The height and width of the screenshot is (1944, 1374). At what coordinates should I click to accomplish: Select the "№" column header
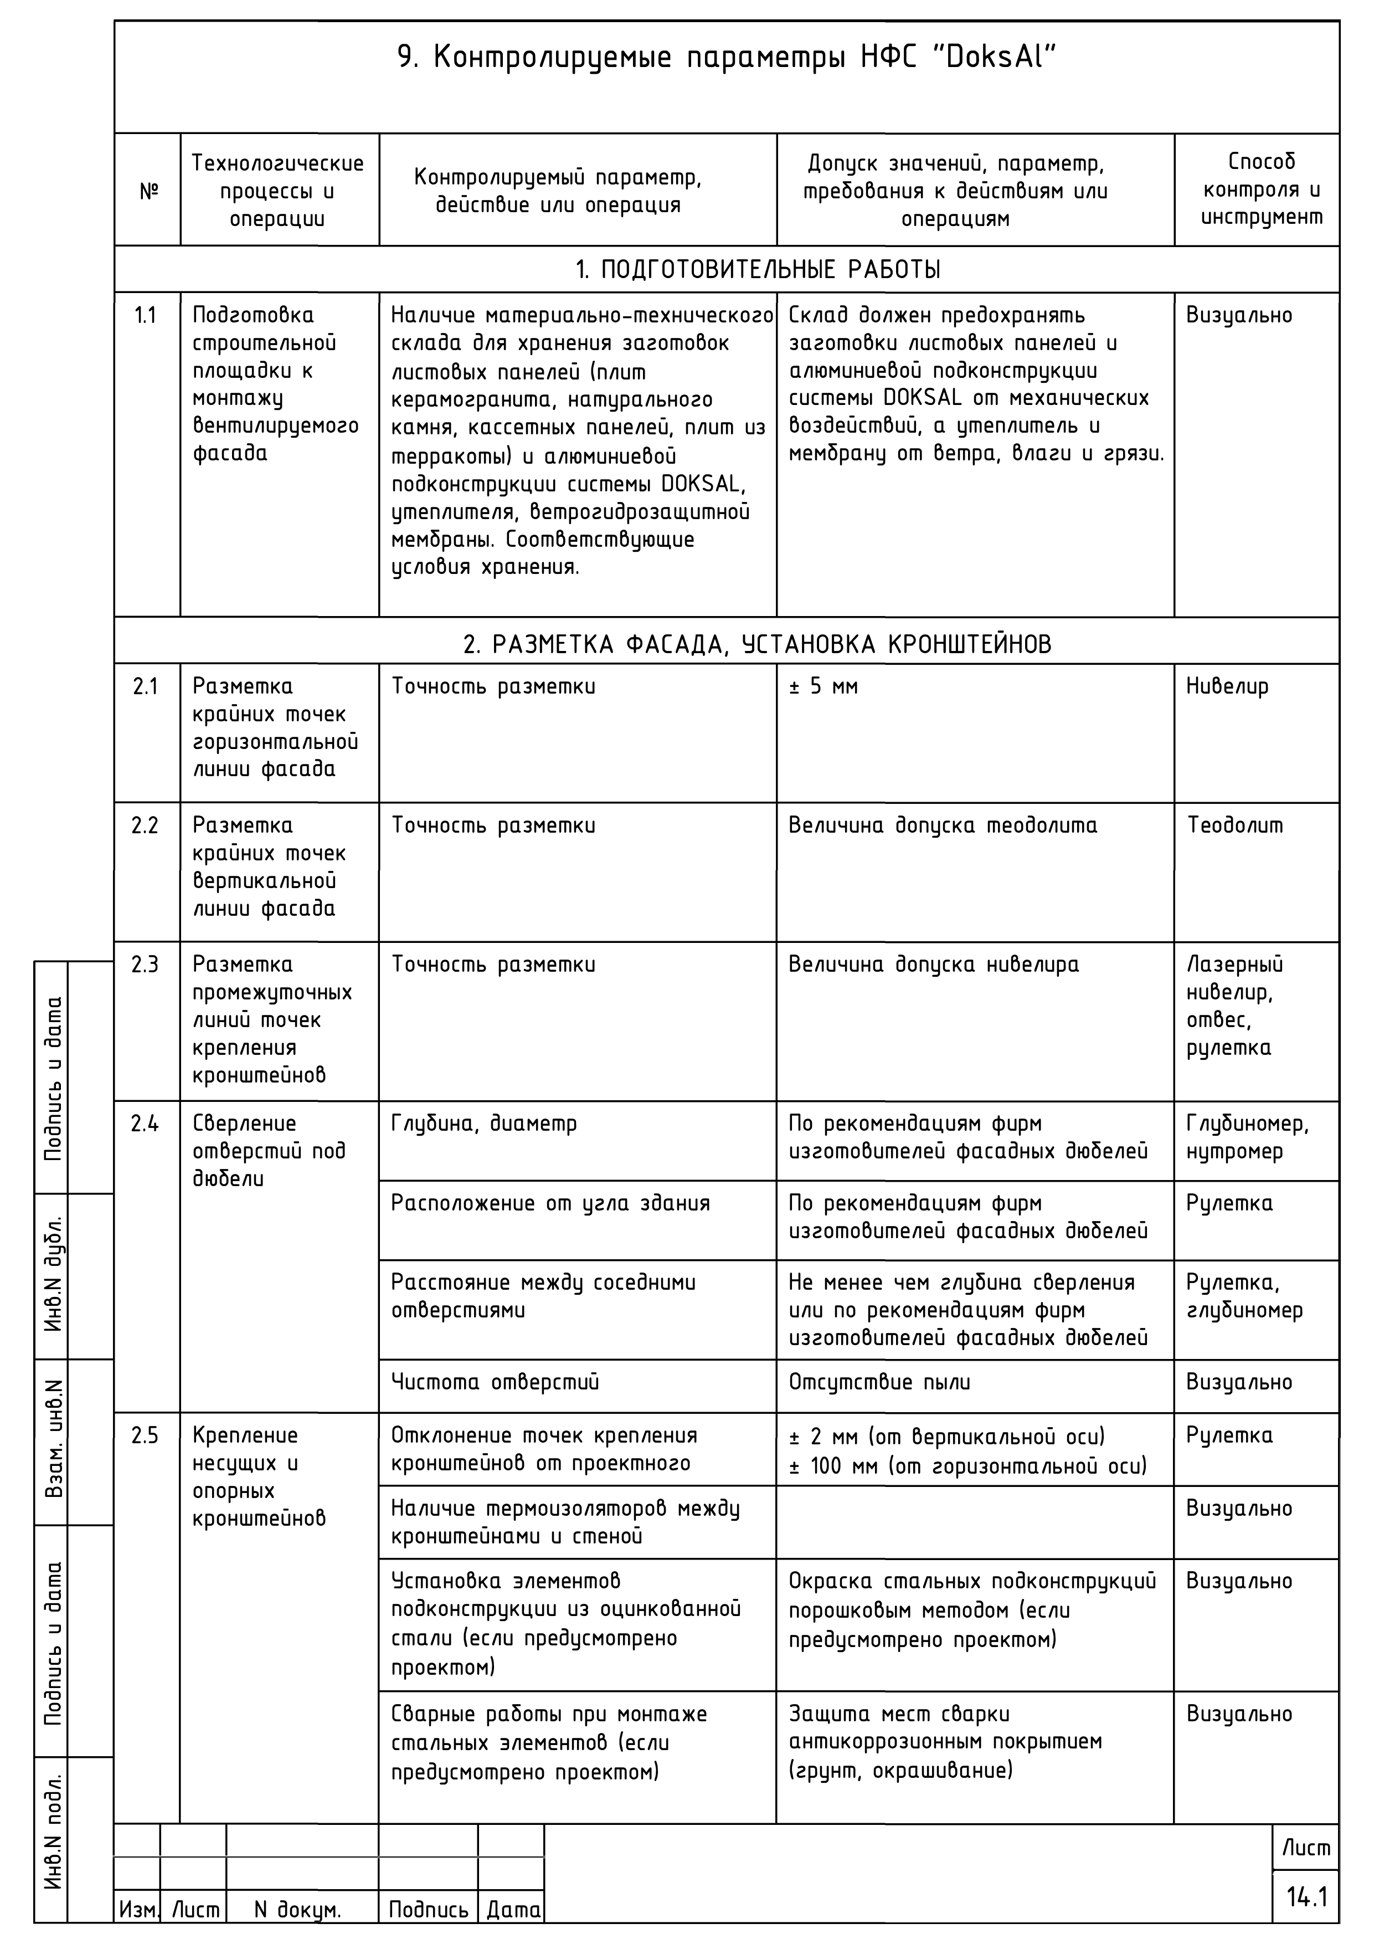click(x=148, y=191)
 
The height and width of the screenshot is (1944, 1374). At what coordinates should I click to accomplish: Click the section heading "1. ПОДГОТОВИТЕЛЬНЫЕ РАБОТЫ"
click(x=758, y=270)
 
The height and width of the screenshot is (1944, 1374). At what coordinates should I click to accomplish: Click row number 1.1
click(x=146, y=316)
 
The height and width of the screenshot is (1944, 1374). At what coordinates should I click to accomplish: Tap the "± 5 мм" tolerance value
click(x=823, y=686)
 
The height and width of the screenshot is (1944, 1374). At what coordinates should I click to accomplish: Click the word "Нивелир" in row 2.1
click(x=1227, y=686)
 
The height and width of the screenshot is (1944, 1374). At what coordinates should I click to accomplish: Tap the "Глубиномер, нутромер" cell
click(x=1247, y=1137)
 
